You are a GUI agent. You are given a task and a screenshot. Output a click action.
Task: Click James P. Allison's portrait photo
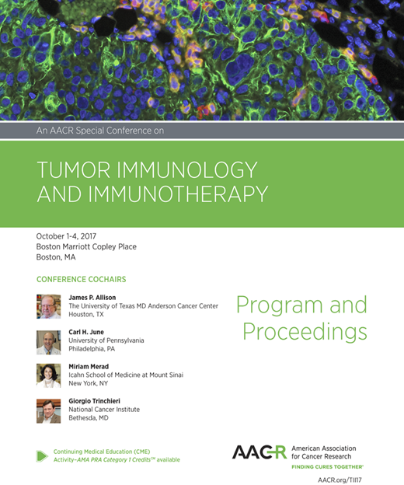[48, 305]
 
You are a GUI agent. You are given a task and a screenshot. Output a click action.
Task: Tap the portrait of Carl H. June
[48, 341]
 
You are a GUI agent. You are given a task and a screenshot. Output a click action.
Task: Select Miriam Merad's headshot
[48, 375]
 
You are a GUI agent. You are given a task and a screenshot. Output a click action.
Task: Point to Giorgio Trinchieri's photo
[48, 410]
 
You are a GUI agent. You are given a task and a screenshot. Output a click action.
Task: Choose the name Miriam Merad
[90, 365]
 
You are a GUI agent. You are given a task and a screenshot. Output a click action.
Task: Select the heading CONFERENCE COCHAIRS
[81, 279]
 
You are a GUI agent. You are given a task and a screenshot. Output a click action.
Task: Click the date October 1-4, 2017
[71, 236]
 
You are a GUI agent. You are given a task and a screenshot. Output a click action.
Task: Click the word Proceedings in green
[304, 332]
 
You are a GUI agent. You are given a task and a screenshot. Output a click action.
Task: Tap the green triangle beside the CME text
[42, 455]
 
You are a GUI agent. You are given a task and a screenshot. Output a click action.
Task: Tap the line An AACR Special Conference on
[100, 131]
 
